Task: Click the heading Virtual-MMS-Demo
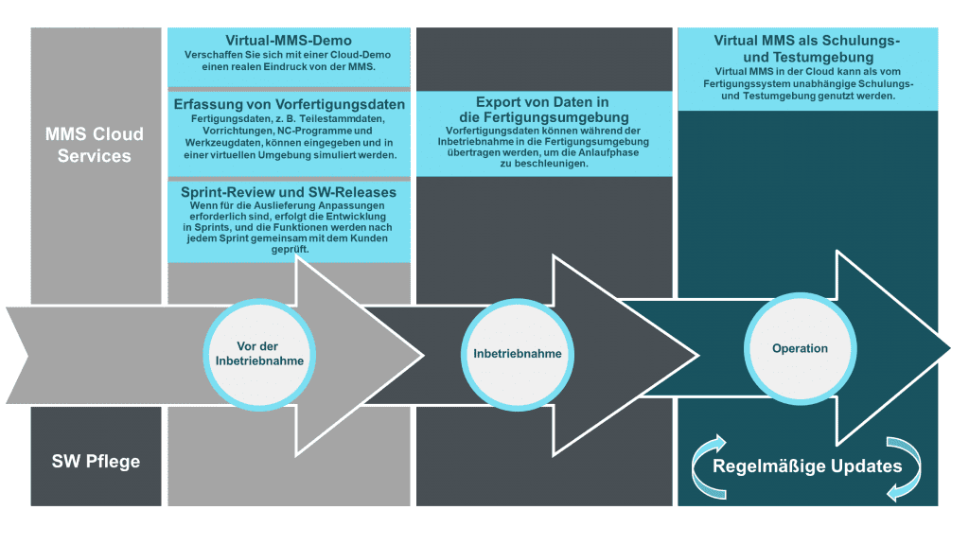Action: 289,41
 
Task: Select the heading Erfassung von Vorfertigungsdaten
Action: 289,103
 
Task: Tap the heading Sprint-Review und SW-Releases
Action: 289,191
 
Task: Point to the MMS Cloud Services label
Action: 97,145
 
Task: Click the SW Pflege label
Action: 96,462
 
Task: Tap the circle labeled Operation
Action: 800,348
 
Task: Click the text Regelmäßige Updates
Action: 807,466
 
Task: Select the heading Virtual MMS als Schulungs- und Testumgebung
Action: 807,48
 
